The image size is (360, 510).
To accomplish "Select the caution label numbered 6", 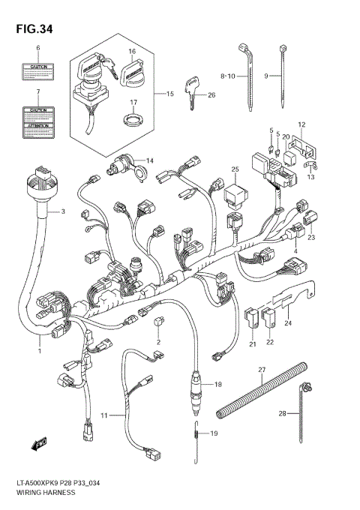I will (36, 71).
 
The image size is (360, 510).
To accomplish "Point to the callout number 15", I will (169, 94).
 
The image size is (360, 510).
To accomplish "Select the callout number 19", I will (213, 433).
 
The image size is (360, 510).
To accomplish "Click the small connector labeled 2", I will (158, 323).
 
